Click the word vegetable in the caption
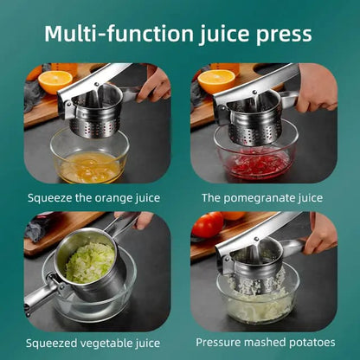click(x=108, y=343)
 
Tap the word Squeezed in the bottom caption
click(x=52, y=343)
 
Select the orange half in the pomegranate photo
click(x=215, y=81)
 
